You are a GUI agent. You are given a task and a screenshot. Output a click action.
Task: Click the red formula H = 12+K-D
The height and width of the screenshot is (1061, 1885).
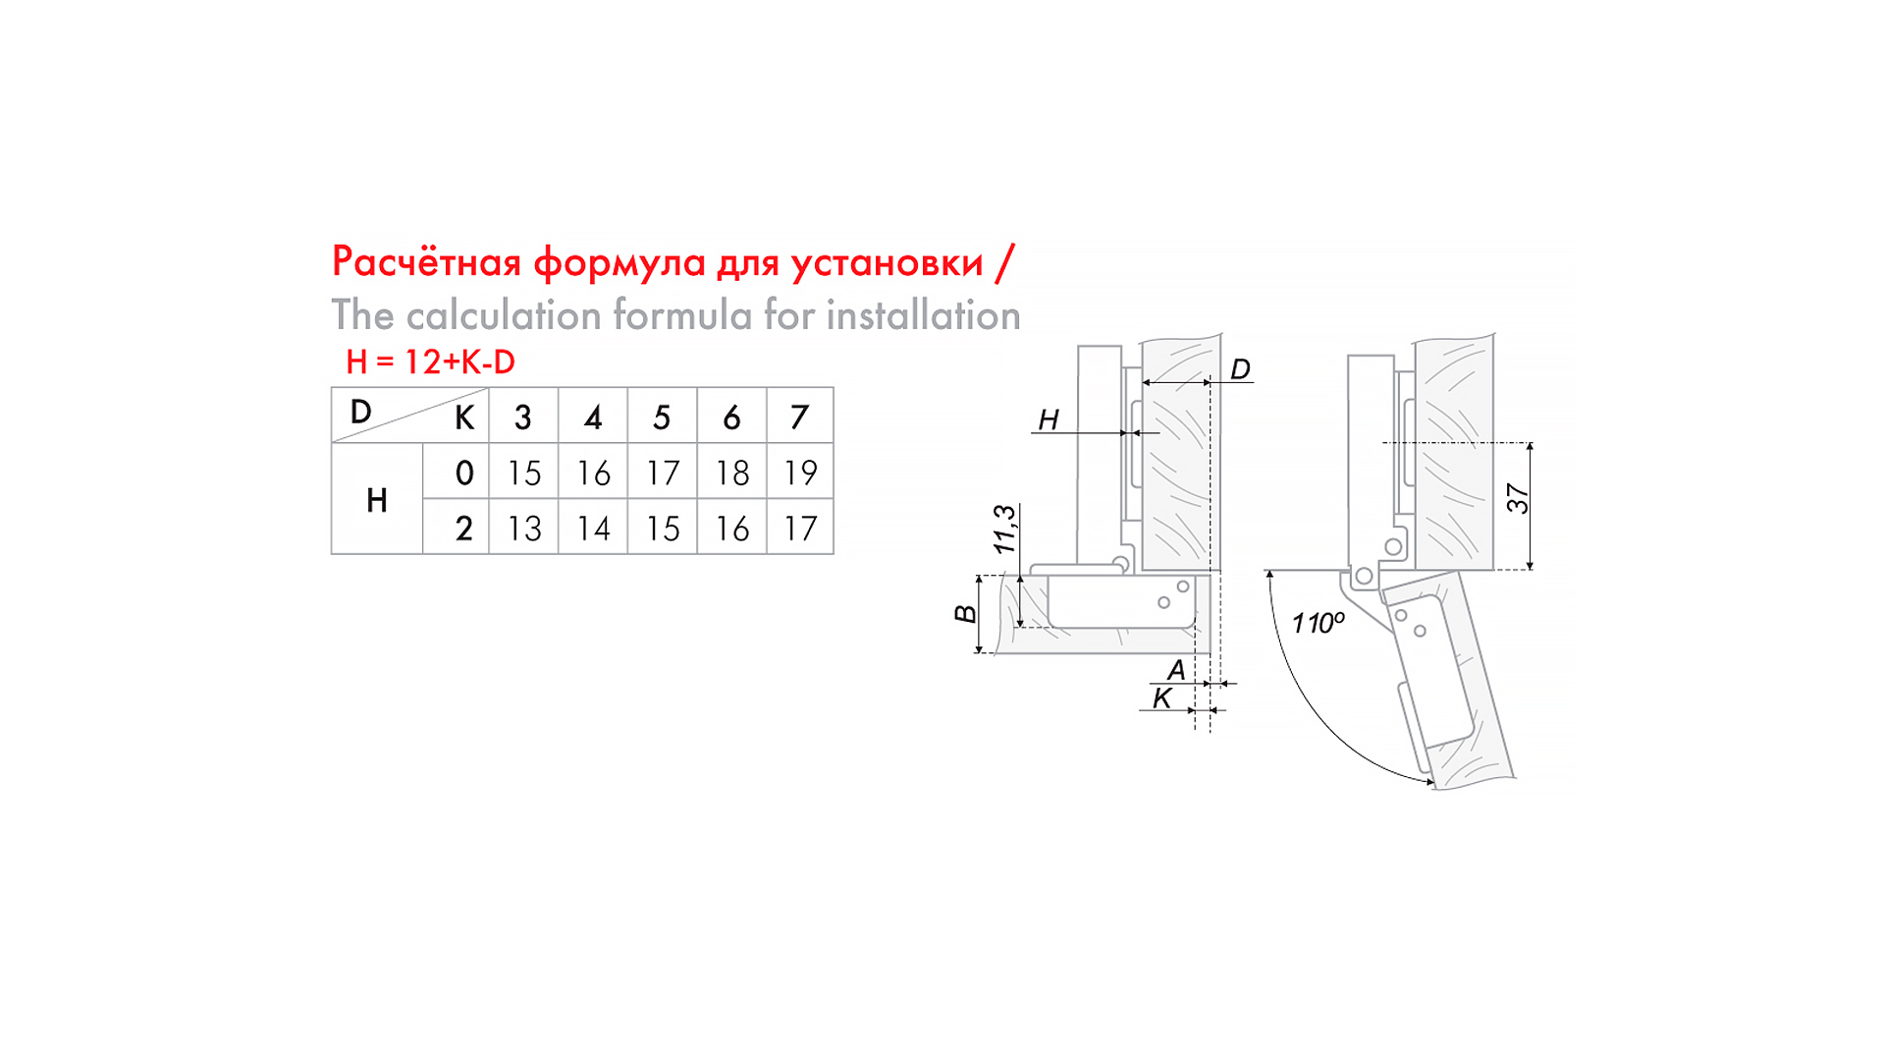[430, 362]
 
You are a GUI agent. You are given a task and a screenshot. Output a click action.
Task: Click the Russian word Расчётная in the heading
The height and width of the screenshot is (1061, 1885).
[426, 261]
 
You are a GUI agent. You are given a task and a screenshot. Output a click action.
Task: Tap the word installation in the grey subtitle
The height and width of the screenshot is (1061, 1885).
[923, 315]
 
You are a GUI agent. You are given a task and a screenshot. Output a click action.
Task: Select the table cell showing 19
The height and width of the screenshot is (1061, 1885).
[800, 473]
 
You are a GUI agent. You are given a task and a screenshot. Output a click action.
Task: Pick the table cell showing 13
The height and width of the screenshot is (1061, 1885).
[524, 529]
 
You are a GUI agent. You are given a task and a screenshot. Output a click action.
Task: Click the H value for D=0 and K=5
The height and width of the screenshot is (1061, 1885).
[663, 473]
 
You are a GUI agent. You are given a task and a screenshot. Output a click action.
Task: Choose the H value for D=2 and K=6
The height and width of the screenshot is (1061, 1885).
[732, 529]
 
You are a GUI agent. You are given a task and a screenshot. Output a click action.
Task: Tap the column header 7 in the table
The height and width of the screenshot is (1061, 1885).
[800, 418]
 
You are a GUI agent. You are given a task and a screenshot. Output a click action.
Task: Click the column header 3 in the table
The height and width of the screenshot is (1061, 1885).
[523, 418]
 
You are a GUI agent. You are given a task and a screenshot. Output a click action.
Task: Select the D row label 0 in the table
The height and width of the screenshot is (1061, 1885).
[464, 473]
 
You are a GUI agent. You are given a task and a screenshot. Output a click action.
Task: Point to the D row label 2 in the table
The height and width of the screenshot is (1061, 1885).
[464, 529]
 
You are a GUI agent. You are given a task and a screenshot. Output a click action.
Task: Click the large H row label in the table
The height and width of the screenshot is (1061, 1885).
[377, 501]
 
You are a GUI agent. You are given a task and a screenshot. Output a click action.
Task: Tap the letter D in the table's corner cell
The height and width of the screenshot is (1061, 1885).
[361, 412]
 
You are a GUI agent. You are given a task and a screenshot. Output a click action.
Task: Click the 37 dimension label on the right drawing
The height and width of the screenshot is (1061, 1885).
[1518, 499]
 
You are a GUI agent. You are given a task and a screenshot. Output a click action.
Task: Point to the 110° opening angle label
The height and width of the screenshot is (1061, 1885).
[1319, 623]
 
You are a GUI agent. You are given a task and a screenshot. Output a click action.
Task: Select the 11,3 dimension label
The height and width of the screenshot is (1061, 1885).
[1005, 530]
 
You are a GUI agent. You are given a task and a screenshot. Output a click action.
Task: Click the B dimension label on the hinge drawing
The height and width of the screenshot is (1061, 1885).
[966, 614]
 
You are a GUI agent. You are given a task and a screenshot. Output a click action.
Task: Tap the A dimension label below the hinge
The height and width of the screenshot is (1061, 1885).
[1175, 670]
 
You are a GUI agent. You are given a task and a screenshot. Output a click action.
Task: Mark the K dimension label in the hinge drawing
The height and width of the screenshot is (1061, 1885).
[1162, 698]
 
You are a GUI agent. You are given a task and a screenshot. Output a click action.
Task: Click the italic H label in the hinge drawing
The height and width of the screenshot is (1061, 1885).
[1049, 419]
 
